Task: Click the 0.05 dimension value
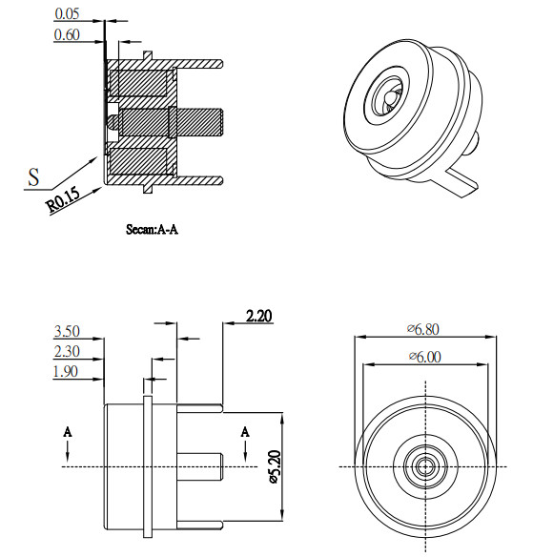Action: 69,14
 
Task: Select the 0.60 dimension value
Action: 69,35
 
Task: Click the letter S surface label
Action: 34,176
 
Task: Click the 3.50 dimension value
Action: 69,332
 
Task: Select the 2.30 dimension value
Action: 69,352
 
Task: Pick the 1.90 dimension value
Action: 69,372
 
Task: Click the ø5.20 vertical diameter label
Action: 274,466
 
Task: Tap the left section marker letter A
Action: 68,432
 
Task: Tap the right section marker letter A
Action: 246,432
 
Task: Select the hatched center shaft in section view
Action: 195,122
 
